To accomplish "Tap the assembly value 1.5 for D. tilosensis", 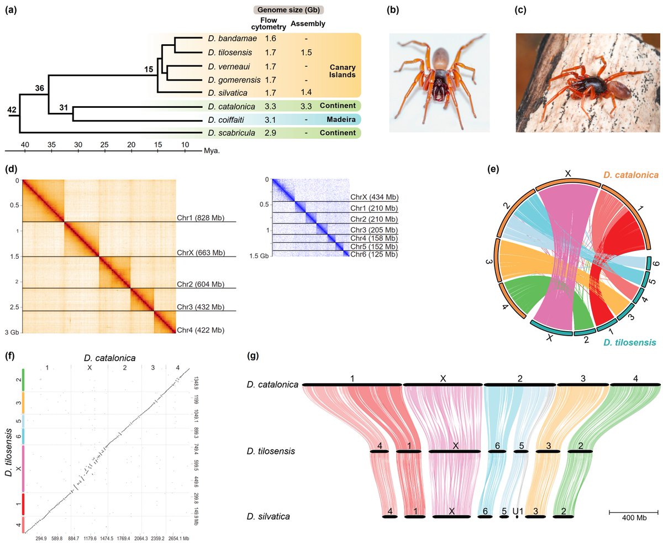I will (306, 53).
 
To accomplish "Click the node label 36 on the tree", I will (40, 88).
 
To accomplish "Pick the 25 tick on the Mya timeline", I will (104, 144).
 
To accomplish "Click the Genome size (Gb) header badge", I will (288, 9).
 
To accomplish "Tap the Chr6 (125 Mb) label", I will (374, 255).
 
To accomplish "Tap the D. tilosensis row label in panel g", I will (270, 451).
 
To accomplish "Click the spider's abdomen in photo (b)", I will (440, 56).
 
